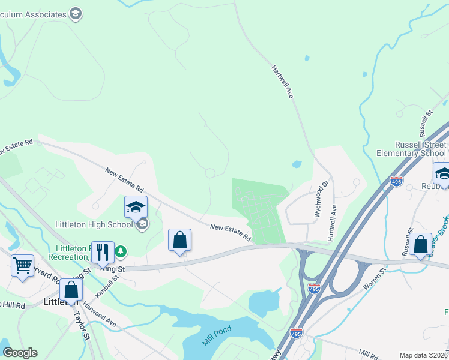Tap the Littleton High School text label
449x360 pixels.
point(93,225)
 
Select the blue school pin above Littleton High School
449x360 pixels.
point(136,208)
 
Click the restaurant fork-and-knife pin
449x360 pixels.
point(103,253)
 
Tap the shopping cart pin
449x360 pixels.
point(22,265)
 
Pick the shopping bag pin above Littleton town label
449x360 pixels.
point(71,290)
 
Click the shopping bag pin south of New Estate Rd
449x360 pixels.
point(179,241)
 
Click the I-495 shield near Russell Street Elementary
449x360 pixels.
point(396,181)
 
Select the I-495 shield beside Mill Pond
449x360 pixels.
point(295,332)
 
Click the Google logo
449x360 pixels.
point(20,353)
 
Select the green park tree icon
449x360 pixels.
point(121,251)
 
